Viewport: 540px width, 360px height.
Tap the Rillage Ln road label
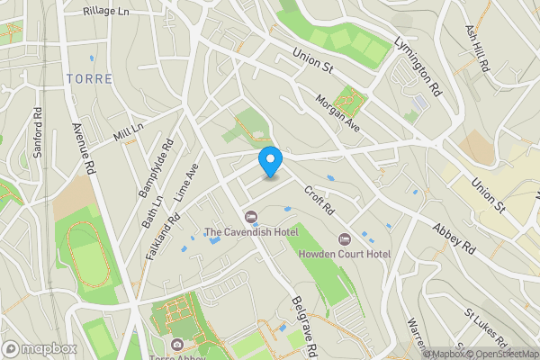coord(106,12)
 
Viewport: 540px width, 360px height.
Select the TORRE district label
coord(89,79)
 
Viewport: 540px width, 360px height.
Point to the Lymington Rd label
coord(421,67)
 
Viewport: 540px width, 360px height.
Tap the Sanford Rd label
coord(38,133)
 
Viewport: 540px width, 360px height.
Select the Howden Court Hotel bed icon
coord(344,239)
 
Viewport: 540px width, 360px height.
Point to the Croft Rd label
coord(319,201)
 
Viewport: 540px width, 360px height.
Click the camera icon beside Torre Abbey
coord(176,345)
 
